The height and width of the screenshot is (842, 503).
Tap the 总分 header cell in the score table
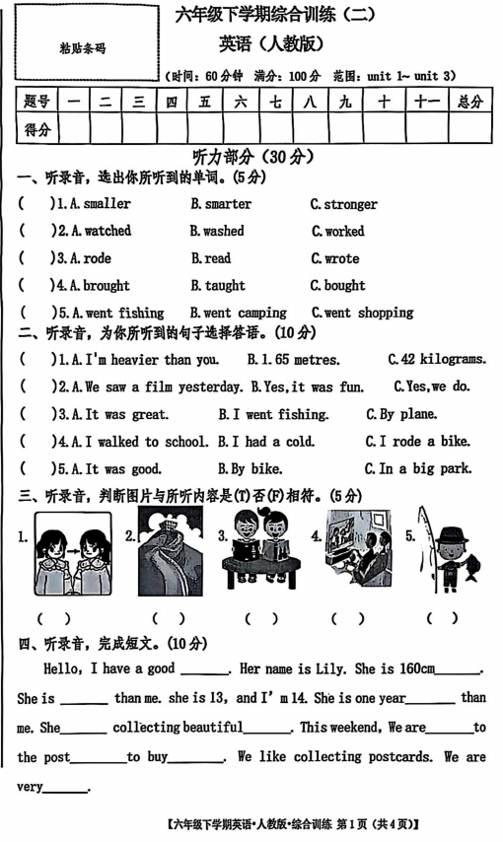[x=469, y=101]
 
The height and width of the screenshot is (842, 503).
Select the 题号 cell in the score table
[x=36, y=101]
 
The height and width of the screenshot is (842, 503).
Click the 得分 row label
[x=36, y=128]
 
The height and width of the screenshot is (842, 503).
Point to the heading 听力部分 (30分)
[x=251, y=157]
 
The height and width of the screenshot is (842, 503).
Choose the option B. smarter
[x=221, y=204]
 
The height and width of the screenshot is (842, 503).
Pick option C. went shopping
[x=362, y=313]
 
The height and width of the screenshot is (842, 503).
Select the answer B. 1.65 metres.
[x=294, y=360]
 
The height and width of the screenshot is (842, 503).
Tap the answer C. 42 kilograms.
[x=437, y=360]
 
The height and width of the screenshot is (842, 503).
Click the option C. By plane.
[x=401, y=414]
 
